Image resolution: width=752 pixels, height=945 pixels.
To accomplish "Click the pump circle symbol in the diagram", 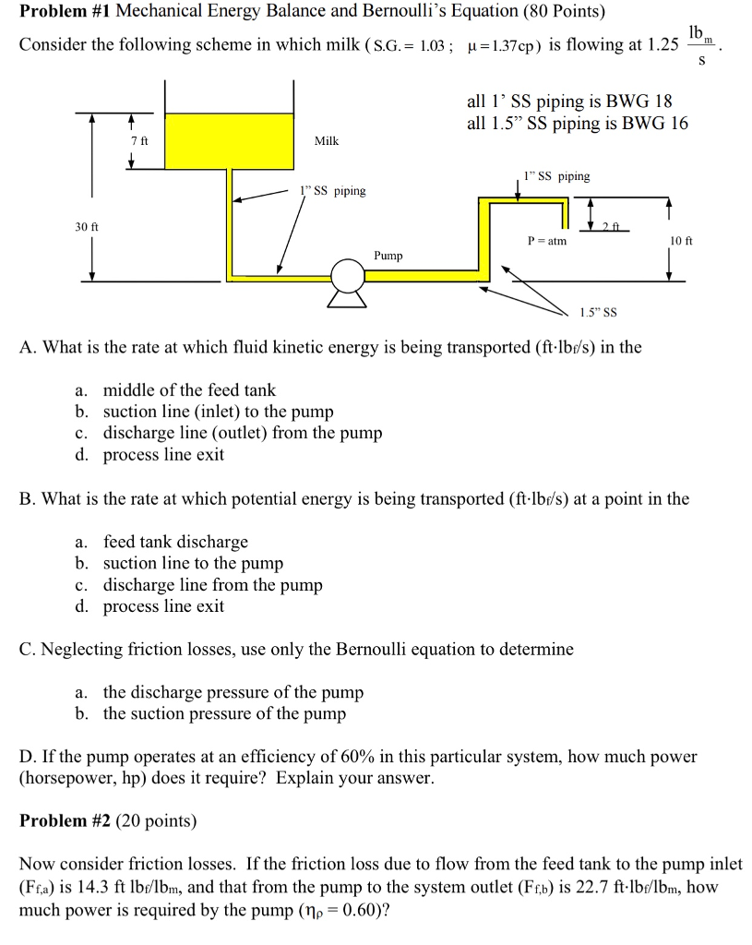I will [x=348, y=274].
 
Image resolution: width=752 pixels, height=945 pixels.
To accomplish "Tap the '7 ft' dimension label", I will [x=139, y=140].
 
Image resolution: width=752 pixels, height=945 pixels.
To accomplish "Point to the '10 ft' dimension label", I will [x=681, y=240].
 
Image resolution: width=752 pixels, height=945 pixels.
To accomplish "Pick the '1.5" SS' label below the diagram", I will [x=598, y=312].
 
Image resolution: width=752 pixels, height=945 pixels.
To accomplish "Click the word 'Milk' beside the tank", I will [x=327, y=140].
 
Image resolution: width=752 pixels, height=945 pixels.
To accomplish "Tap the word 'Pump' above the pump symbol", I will [x=388, y=255].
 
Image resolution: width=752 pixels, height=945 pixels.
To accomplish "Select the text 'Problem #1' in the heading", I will [x=65, y=12].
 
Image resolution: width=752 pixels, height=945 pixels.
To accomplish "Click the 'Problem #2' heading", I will [x=65, y=820].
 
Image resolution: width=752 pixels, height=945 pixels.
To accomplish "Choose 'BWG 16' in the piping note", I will [x=655, y=124].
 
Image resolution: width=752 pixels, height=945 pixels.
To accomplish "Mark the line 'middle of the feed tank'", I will [x=189, y=390].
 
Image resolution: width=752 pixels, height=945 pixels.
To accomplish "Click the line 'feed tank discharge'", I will [x=175, y=542].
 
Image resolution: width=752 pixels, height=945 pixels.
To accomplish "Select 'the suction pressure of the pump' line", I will [x=224, y=713].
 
